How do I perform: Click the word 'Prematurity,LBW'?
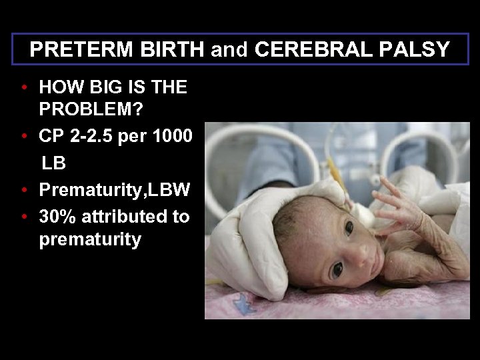pyautogui.click(x=115, y=191)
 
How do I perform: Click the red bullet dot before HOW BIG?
pyautogui.click(x=23, y=87)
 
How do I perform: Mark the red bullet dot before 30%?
pyautogui.click(x=23, y=217)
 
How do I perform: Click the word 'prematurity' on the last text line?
pyautogui.click(x=90, y=239)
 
